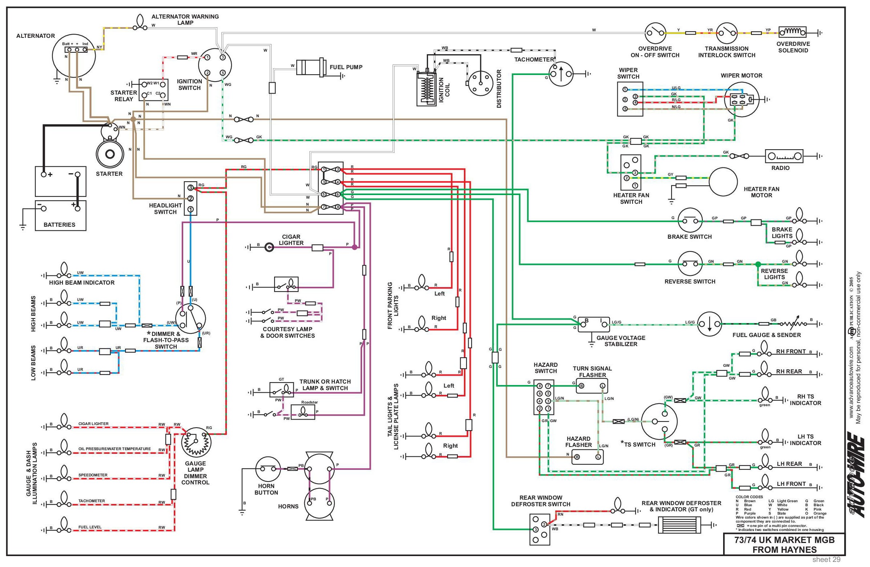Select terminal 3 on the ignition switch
(x=222, y=58)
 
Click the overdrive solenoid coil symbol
(x=793, y=32)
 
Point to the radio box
(x=784, y=156)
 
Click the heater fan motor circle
(x=723, y=182)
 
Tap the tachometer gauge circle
(x=561, y=74)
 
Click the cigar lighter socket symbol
(x=269, y=247)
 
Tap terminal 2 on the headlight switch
(x=191, y=199)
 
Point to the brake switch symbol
(x=690, y=221)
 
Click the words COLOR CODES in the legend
(x=749, y=497)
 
